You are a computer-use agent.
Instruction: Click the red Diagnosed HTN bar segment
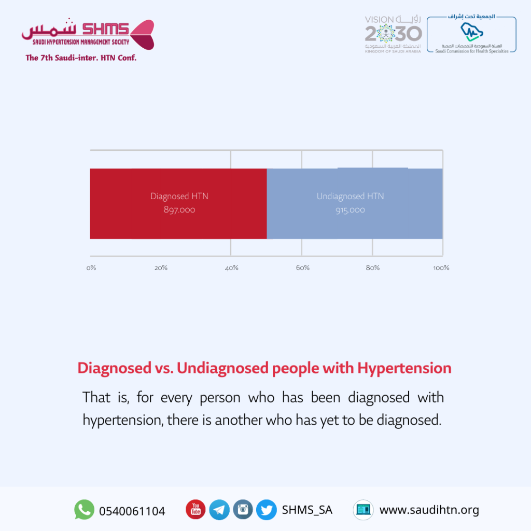[x=178, y=203]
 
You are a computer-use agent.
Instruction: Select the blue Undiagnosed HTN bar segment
[x=355, y=203]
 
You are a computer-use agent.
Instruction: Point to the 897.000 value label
[x=179, y=210]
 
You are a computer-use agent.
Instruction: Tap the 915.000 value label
[x=350, y=210]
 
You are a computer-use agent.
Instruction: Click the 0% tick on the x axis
[x=91, y=268]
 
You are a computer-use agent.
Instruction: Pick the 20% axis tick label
[x=161, y=268]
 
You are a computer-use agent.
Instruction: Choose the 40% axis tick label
[x=232, y=268]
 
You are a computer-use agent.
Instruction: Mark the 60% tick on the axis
[x=303, y=268]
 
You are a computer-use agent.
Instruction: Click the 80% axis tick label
[x=372, y=268]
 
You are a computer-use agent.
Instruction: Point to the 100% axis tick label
[x=441, y=268]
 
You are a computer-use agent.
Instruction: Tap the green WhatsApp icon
[x=85, y=509]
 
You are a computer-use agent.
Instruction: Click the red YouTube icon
[x=195, y=509]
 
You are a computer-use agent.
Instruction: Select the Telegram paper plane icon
[x=219, y=510]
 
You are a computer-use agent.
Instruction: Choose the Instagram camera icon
[x=243, y=509]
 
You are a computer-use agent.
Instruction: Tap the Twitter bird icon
[x=267, y=510]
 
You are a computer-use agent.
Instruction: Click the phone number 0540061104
[x=132, y=511]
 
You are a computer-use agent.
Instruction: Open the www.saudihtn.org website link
[x=429, y=510]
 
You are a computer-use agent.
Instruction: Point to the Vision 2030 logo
[x=393, y=34]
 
